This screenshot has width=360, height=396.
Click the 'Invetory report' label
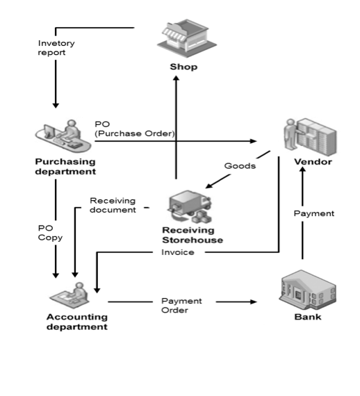(56, 47)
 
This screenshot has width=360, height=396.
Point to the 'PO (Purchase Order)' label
(134, 129)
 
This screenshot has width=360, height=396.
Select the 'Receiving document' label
(113, 206)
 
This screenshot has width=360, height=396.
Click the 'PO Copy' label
(50, 233)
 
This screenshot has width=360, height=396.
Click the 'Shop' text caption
(183, 67)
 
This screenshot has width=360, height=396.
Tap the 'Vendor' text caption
(313, 162)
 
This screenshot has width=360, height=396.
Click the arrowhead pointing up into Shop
(177, 79)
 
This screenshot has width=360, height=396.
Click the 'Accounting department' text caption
(76, 322)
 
